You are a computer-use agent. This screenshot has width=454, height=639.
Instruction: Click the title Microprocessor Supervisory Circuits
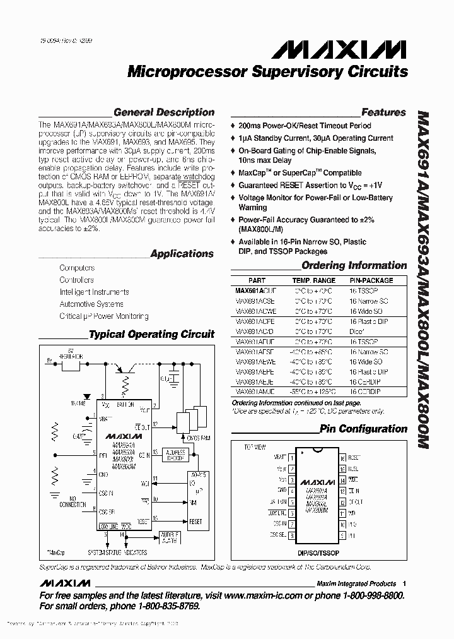pos(267,71)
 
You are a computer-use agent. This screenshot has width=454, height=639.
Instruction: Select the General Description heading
pos(164,112)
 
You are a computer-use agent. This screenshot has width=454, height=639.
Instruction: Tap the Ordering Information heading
pos(354,265)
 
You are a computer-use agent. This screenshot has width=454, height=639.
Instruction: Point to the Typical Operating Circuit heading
pos(151,335)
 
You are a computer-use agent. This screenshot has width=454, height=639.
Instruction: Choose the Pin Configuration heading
pos(363,429)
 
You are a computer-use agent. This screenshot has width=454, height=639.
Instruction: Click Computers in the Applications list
pos(77,268)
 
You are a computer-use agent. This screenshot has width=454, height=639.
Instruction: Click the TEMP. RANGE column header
pos(313,280)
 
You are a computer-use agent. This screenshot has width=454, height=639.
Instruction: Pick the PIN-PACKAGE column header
pos(371,280)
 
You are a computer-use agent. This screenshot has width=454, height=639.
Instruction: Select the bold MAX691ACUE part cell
pos(255,291)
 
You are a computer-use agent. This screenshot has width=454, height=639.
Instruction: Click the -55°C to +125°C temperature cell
pos(313,392)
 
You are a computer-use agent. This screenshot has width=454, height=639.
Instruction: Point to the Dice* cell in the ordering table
pos(358,331)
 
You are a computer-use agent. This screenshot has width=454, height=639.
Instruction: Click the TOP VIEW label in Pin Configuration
pos(255,447)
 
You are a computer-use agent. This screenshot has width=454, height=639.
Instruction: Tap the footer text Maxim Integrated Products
pos(356,583)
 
